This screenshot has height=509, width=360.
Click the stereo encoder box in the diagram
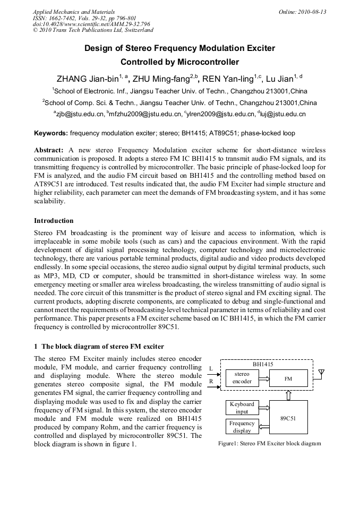point(242,378)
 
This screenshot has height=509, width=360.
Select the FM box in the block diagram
point(288,378)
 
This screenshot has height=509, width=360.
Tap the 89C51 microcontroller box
point(288,418)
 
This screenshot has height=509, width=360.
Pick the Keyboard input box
point(242,408)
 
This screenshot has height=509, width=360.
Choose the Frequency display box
point(242,427)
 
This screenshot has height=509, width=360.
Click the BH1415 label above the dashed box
point(263,365)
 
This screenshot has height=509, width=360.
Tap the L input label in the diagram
point(211,368)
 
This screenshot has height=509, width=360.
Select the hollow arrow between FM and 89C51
point(288,394)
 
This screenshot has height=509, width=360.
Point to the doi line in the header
point(91,24)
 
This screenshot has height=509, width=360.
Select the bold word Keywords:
point(51,133)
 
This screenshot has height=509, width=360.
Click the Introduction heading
point(54,221)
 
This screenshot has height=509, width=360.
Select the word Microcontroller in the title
point(207,62)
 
